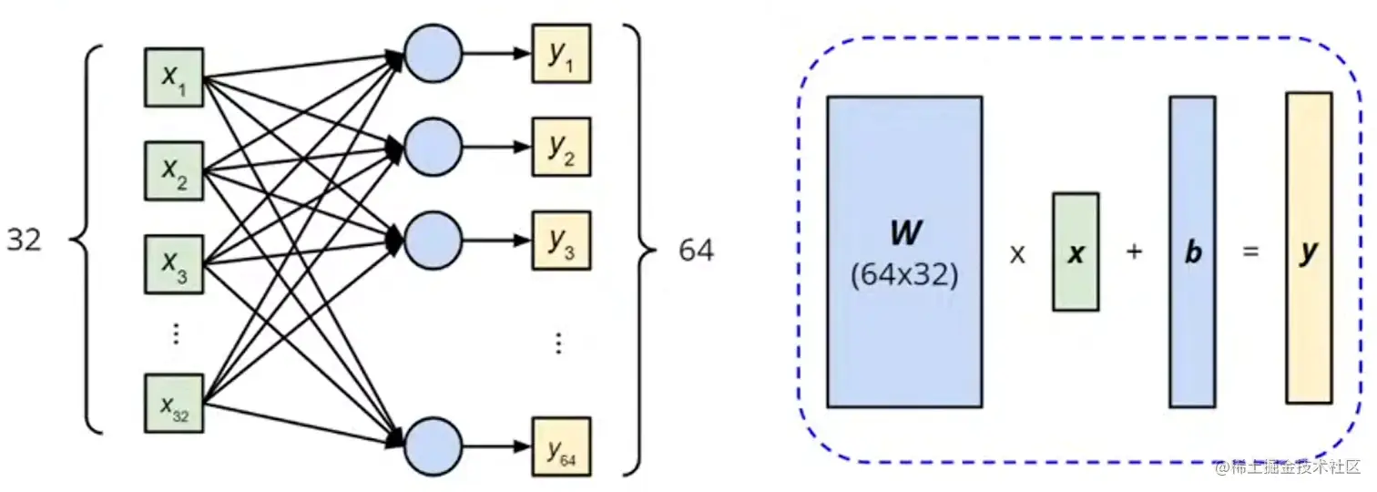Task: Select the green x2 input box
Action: coord(174,171)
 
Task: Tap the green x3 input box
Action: coord(174,263)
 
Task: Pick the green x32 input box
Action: coord(174,402)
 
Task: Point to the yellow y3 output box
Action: coord(561,241)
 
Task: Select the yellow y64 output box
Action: coord(561,446)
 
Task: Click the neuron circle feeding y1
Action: coord(433,53)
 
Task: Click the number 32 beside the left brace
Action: coord(25,241)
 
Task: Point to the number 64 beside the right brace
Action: coord(696,251)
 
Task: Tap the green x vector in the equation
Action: coord(1076,251)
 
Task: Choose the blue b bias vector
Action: coord(1192,251)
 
